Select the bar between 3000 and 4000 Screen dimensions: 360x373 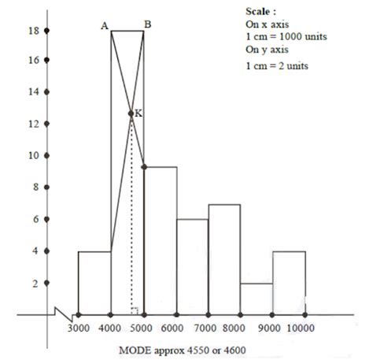[94, 284]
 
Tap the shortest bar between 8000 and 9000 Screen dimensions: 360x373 [257, 299]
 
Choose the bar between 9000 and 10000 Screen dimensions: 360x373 [289, 284]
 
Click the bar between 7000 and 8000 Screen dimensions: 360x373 [224, 260]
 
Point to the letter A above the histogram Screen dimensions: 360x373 [104, 26]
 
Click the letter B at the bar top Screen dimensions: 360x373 [148, 25]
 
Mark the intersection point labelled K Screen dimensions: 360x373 [131, 114]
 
